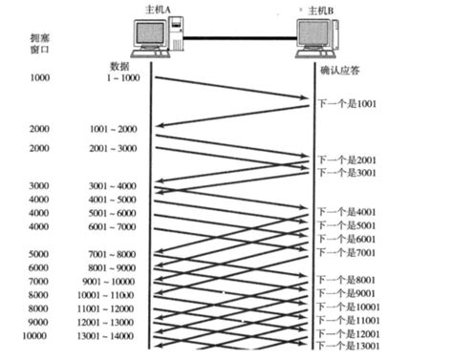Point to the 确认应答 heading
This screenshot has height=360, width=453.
340,69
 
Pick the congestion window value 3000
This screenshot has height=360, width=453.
40,185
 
